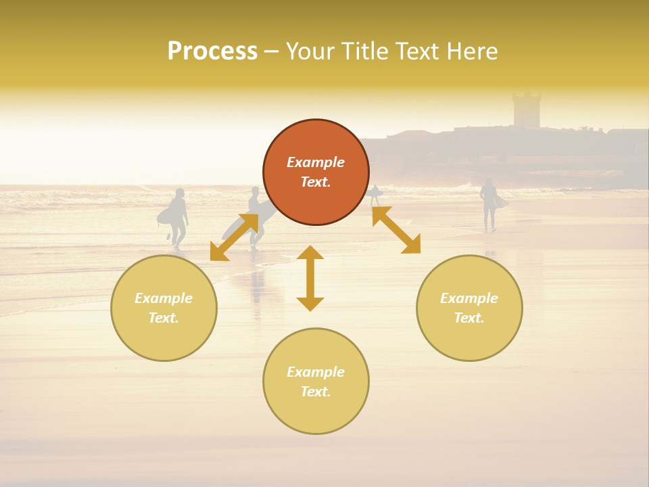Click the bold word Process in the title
click(212, 51)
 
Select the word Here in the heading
click(473, 51)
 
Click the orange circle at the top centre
click(316, 172)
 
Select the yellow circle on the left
click(164, 308)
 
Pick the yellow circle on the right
click(469, 308)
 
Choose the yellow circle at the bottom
click(316, 381)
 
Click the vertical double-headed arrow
click(310, 278)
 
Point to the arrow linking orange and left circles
click(234, 237)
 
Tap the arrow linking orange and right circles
click(396, 230)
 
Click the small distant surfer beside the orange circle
click(375, 195)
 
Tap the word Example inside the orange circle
click(316, 162)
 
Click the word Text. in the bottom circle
click(316, 392)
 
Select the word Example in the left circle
click(164, 298)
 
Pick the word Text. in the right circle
click(469, 318)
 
